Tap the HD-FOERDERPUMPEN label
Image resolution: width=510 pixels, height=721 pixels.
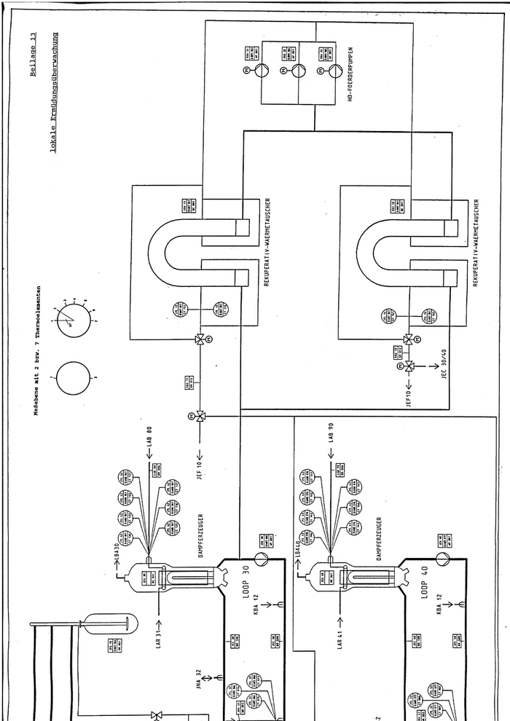point(351,73)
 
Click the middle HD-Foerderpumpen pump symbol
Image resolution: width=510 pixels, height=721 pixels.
point(299,71)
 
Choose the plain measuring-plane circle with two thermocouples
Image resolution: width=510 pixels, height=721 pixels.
point(74,379)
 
